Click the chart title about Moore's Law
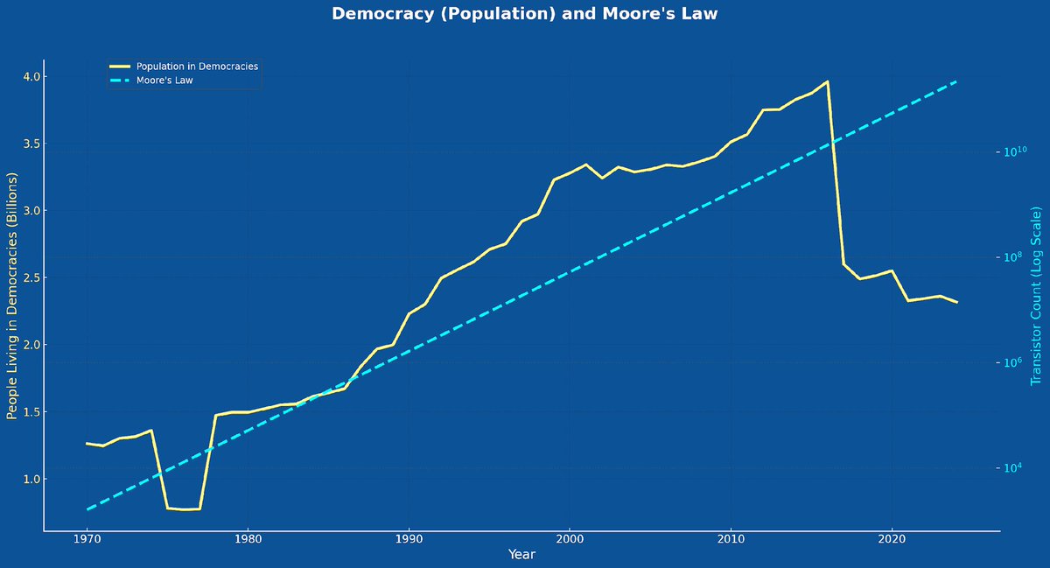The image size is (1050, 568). coord(525,14)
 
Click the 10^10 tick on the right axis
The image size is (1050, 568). coord(1015,151)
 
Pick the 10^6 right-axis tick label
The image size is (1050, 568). coord(1015,363)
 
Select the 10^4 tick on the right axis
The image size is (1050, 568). coord(1015,468)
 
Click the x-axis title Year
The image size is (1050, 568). coord(521,555)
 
